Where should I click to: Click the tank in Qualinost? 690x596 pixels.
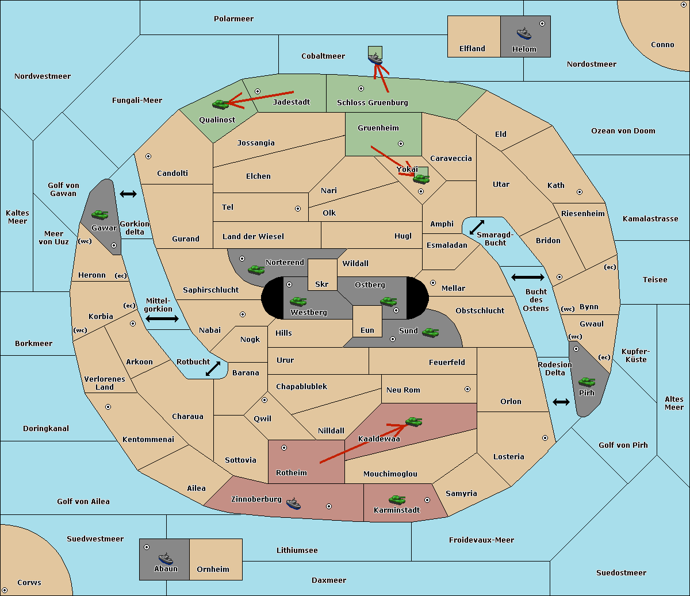click(x=220, y=104)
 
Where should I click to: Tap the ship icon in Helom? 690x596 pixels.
click(x=524, y=33)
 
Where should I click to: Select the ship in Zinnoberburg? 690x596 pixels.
click(x=293, y=503)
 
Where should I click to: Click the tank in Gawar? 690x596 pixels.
click(x=100, y=214)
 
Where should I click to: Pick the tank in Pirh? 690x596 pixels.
click(x=587, y=382)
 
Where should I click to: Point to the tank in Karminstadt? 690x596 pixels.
click(x=397, y=499)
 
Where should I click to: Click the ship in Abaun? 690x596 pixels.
click(x=166, y=558)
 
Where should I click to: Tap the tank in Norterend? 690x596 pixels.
click(x=256, y=269)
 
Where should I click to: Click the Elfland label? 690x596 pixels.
click(x=472, y=49)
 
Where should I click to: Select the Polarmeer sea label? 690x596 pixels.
click(x=233, y=19)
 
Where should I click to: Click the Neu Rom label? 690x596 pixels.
click(x=403, y=390)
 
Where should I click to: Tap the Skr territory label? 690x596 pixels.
click(x=322, y=284)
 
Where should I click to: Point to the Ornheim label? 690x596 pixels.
click(x=213, y=570)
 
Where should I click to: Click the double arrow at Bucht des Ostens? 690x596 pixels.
click(x=527, y=278)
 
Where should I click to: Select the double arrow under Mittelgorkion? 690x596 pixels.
click(x=162, y=318)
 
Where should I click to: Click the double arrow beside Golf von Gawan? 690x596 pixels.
click(x=128, y=194)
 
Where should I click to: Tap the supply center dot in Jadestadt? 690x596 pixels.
click(x=258, y=91)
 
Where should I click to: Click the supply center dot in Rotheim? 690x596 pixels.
click(x=284, y=447)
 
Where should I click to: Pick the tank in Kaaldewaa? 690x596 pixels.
click(x=413, y=422)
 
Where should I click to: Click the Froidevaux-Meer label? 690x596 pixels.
click(x=481, y=540)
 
